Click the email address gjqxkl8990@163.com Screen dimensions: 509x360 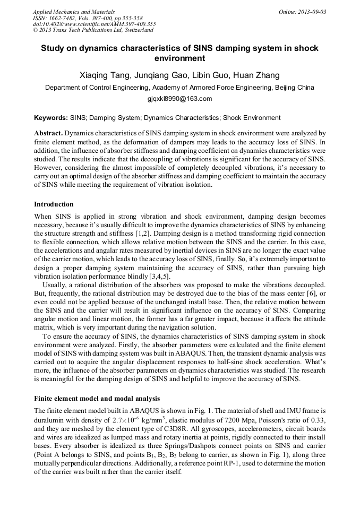[x=179, y=99]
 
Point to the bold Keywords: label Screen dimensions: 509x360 [x=51, y=118]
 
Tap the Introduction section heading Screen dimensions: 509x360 [x=54, y=204]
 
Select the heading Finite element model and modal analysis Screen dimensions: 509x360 [x=97, y=398]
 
